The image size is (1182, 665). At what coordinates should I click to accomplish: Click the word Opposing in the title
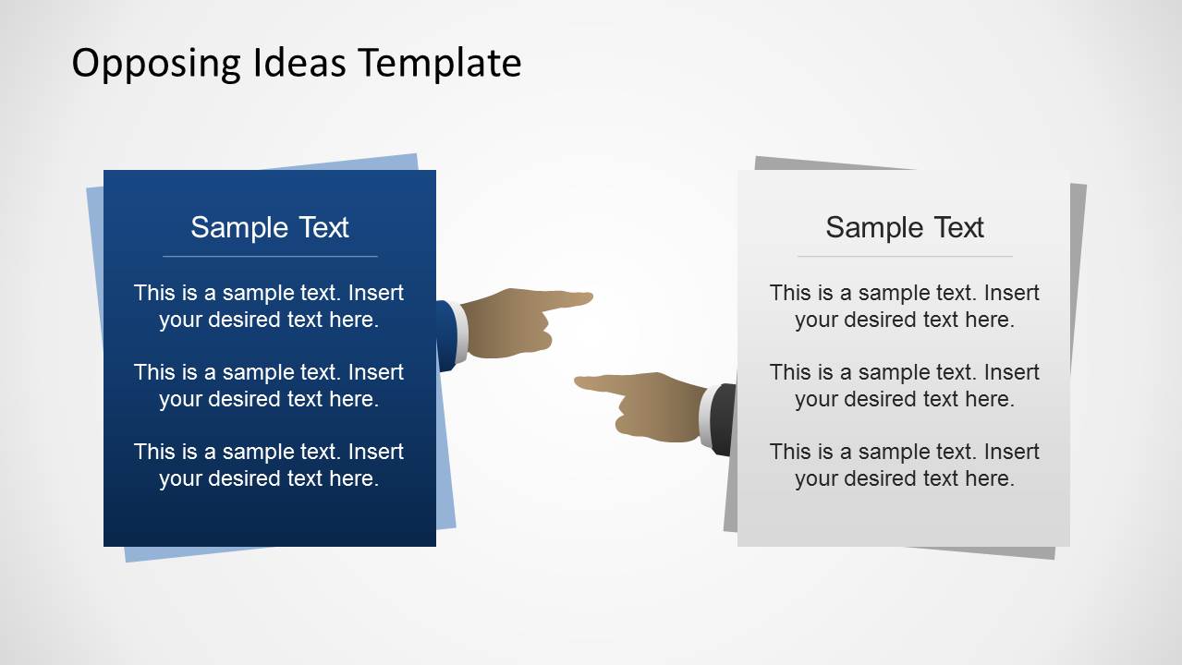tap(155, 64)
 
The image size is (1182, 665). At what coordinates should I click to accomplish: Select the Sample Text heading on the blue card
tap(270, 227)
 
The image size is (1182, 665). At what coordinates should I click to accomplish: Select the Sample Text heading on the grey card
tap(905, 227)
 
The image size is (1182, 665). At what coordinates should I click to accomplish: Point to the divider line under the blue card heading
tap(270, 256)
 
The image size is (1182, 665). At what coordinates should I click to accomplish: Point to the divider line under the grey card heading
tap(905, 256)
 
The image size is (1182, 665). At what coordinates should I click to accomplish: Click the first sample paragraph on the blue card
tap(269, 306)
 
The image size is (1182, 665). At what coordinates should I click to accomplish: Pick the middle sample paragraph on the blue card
tap(269, 385)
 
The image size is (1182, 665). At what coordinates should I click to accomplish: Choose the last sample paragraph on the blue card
tap(269, 465)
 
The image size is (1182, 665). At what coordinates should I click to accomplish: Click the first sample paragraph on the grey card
tap(905, 306)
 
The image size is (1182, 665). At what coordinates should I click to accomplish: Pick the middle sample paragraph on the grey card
tap(905, 385)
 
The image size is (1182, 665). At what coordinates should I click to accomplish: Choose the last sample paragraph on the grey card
tap(905, 465)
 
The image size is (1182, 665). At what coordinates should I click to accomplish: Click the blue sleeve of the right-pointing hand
tap(446, 336)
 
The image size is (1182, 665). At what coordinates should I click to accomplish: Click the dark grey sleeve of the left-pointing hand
tap(724, 419)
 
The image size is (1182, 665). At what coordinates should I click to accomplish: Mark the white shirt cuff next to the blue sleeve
tap(460, 333)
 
